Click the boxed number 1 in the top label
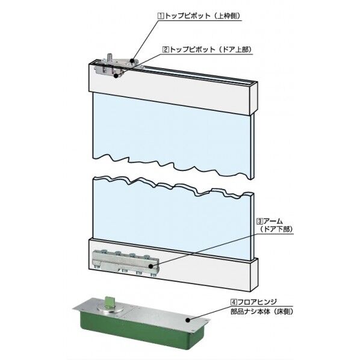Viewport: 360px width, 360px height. click(x=161, y=16)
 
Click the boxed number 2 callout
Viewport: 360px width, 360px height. click(x=166, y=49)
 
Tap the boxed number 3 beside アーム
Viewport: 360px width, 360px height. click(x=259, y=222)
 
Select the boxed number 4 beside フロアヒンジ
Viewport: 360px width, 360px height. click(x=234, y=302)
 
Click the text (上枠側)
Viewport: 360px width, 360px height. click(x=226, y=16)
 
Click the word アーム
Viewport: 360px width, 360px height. click(x=273, y=222)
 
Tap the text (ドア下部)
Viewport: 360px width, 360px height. click(x=277, y=229)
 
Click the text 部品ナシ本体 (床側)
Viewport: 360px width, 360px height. click(x=262, y=312)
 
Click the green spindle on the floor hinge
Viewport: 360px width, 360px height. click(x=108, y=302)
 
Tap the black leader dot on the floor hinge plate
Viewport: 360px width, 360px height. click(x=188, y=320)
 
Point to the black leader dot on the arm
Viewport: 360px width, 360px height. click(x=151, y=266)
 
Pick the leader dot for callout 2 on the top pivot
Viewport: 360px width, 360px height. click(x=116, y=75)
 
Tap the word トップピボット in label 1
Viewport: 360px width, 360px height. click(x=187, y=16)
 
